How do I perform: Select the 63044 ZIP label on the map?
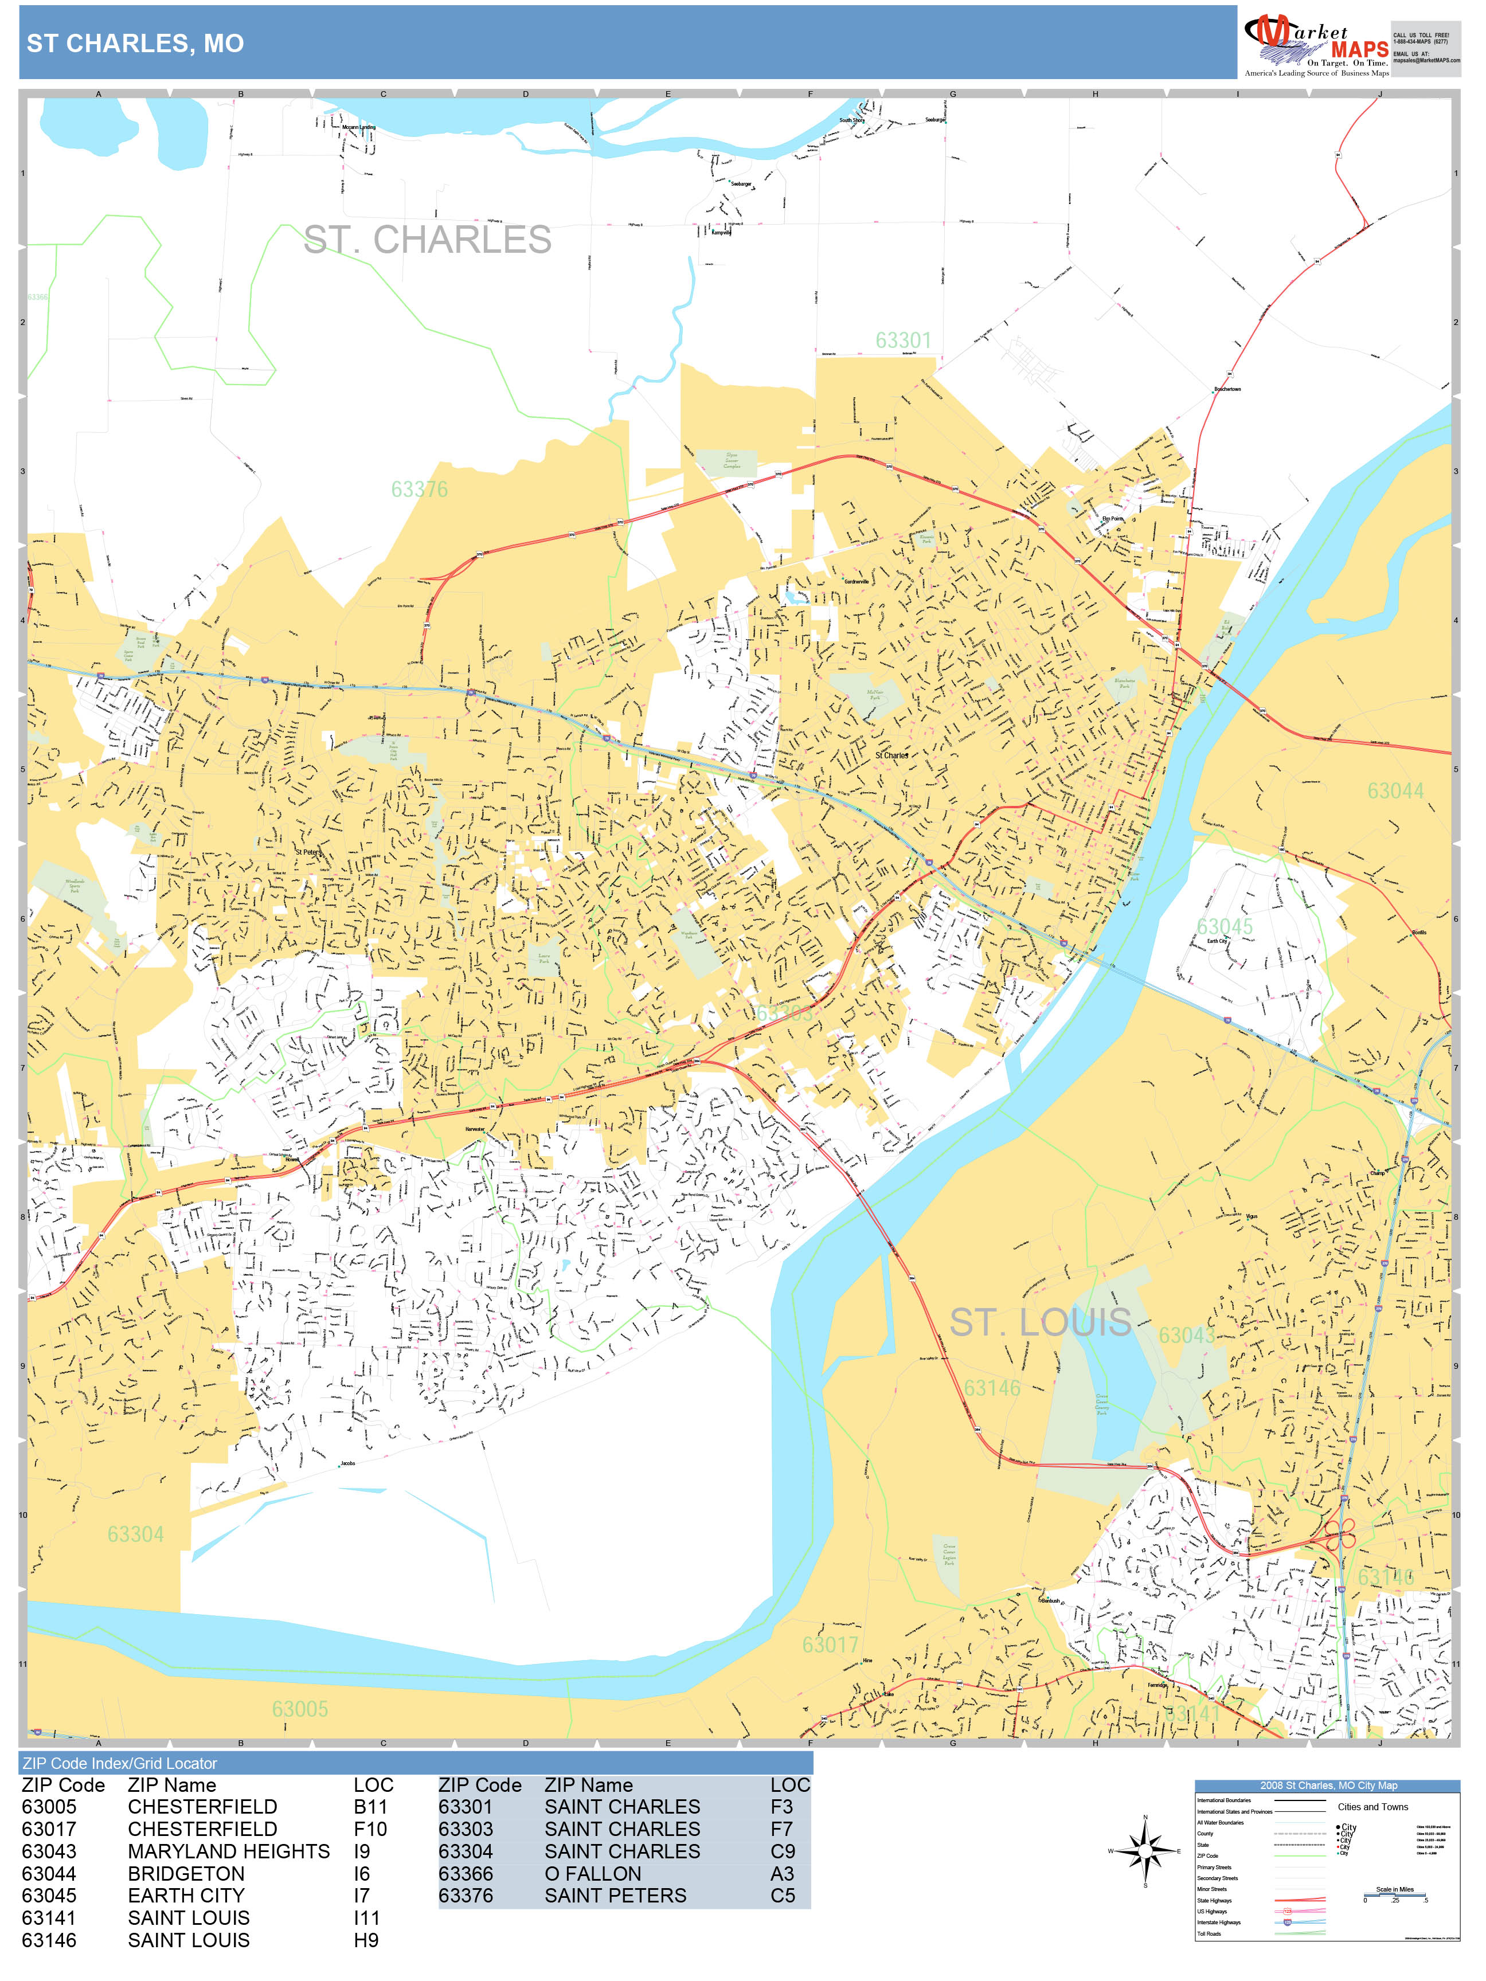click(1395, 791)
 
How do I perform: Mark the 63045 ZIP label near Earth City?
click(1225, 927)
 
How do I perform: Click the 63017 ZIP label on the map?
click(830, 1645)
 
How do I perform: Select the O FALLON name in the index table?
click(592, 1874)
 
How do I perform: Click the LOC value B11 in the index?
click(369, 1807)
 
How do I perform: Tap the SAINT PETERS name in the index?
click(615, 1896)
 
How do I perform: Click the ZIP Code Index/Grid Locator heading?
click(119, 1763)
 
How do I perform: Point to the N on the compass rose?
click(1145, 1818)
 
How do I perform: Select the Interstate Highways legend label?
click(1218, 1923)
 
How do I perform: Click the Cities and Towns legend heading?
click(1372, 1807)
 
